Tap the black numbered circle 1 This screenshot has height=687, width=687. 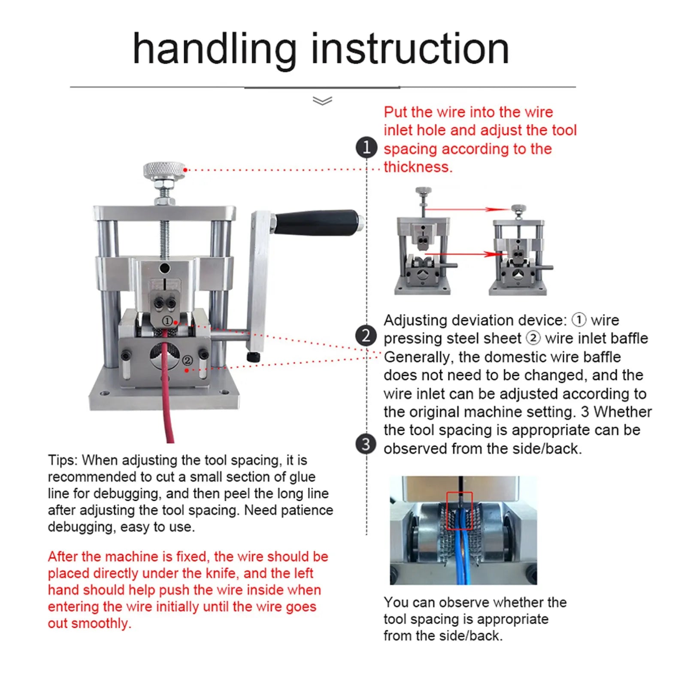(366, 147)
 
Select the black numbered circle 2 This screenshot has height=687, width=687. (366, 336)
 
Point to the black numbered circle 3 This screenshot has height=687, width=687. (366, 444)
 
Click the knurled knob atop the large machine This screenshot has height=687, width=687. (164, 170)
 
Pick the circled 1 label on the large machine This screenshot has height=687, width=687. (167, 321)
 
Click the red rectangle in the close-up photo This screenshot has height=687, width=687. (459, 511)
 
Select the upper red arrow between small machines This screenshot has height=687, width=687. (467, 209)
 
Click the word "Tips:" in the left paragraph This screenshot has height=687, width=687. (63, 460)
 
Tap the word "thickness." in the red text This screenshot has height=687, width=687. (418, 167)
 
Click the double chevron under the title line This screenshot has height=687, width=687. (322, 101)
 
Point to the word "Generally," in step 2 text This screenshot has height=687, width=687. (417, 357)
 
